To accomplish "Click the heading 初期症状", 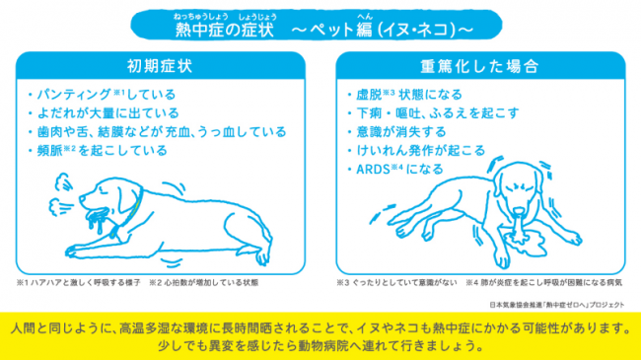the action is point(160,66).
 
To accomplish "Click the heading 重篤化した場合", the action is point(480,66).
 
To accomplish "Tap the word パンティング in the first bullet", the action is point(74,95).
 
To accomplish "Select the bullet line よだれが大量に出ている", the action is point(107,112).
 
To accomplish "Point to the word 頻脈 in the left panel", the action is point(49,151).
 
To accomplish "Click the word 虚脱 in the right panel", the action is point(369,95).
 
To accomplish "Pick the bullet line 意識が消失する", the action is point(401,132).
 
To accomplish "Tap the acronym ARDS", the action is point(373,170).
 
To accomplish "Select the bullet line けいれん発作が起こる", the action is point(421,151).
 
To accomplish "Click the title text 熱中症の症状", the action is point(225,30).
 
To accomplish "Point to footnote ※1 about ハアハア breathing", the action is point(78,283).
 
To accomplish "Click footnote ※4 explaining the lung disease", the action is point(544,283).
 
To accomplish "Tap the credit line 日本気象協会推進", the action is point(557,305).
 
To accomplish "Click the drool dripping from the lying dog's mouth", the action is point(98,220).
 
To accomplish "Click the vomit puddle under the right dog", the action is point(525,243).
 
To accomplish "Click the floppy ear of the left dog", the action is point(127,199).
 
